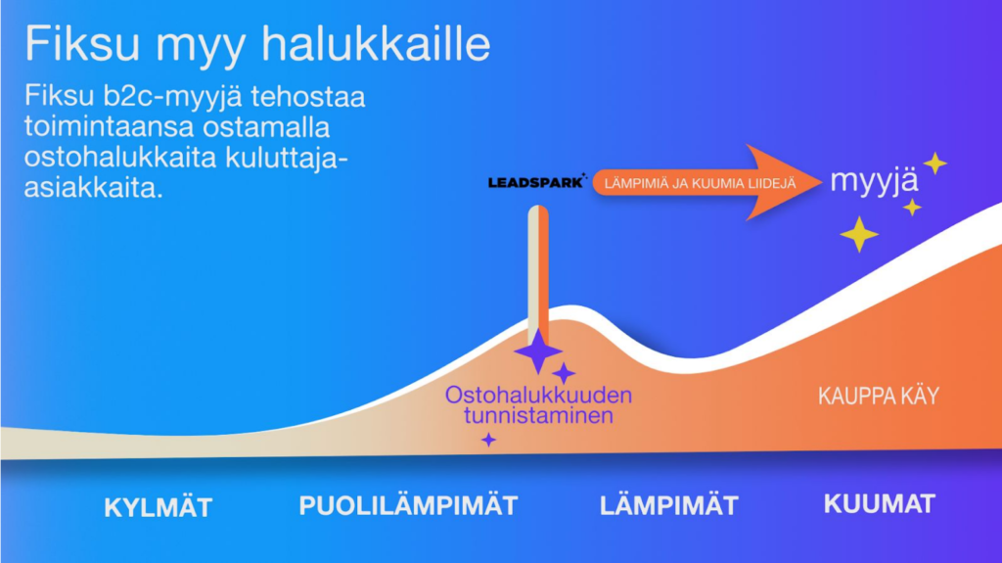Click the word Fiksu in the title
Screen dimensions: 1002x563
(82, 43)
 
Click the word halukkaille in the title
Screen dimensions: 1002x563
(377, 43)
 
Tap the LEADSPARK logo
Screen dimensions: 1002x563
(537, 182)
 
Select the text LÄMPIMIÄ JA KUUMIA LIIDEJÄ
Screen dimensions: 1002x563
(700, 184)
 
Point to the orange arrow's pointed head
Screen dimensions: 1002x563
(820, 182)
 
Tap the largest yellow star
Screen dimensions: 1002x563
(859, 234)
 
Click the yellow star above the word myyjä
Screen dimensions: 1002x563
(934, 164)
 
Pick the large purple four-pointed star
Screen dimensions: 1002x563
(538, 351)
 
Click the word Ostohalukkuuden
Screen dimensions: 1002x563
(538, 395)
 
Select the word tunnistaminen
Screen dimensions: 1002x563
(538, 415)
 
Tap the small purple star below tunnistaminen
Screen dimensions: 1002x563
(489, 440)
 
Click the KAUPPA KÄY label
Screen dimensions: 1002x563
(879, 396)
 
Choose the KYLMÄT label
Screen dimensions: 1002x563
(158, 508)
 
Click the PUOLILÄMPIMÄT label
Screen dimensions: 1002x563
(408, 505)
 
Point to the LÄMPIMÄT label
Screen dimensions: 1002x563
(669, 505)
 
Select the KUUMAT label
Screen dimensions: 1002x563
(880, 503)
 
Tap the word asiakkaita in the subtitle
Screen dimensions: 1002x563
(93, 188)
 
